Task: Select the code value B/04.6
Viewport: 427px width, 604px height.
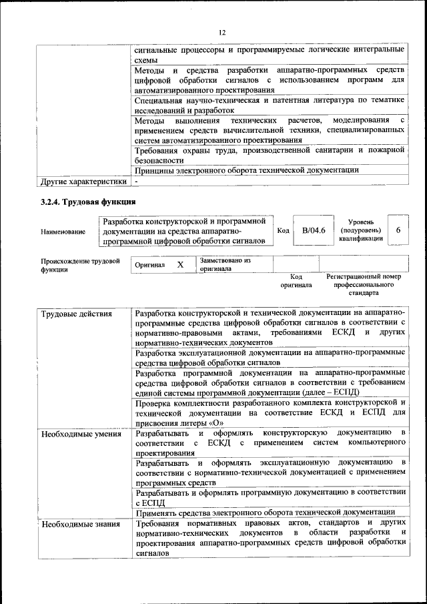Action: [x=312, y=230]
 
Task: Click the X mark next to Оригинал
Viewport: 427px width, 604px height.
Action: [x=179, y=264]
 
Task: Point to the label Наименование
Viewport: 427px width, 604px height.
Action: [x=63, y=231]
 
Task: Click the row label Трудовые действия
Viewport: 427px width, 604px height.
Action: [x=76, y=313]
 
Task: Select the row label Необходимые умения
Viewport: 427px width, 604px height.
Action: [x=81, y=434]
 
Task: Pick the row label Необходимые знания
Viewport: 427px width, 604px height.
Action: [x=81, y=524]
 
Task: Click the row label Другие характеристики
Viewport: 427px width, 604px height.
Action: [x=83, y=181]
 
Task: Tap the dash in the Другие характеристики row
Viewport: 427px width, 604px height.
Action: [x=136, y=181]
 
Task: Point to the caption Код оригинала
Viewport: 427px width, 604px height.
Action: [x=296, y=280]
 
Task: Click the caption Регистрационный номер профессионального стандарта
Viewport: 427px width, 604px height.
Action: [x=364, y=284]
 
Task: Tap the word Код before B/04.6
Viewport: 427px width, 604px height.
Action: [x=282, y=230]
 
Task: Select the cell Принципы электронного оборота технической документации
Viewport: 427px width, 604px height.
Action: [x=246, y=170]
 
